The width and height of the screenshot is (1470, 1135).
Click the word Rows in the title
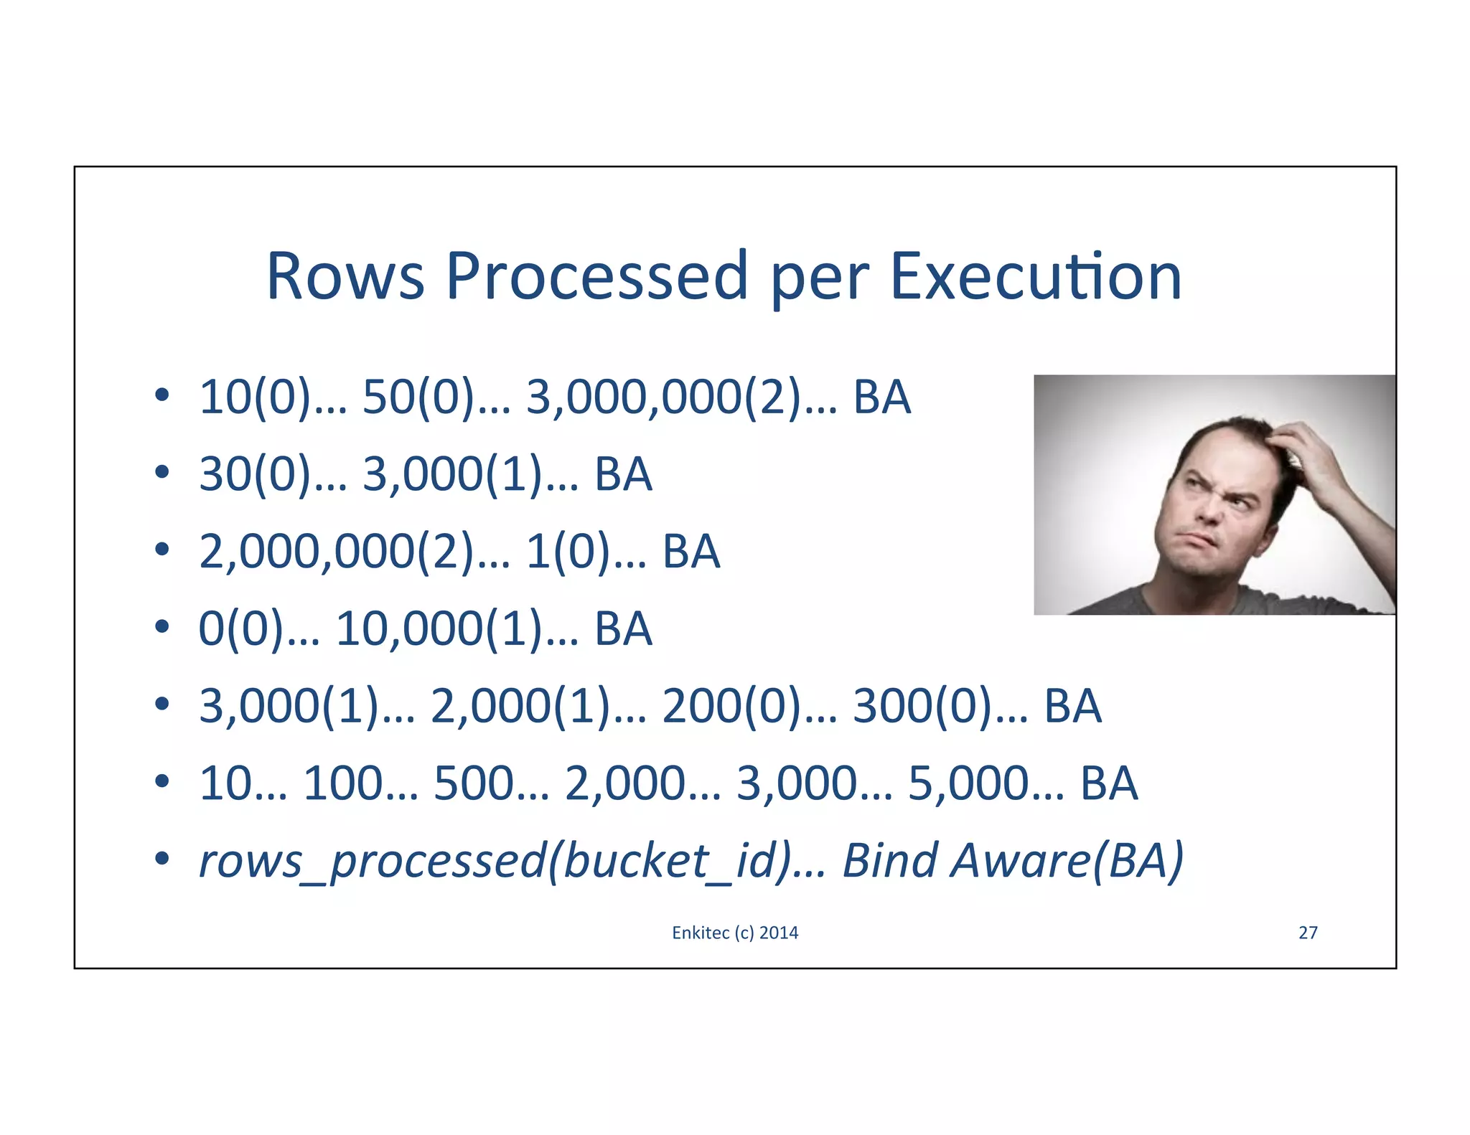point(345,277)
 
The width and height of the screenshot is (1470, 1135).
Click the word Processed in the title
point(598,277)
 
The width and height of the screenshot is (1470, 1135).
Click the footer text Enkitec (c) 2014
point(735,933)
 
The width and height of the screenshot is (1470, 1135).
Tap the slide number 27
point(1308,933)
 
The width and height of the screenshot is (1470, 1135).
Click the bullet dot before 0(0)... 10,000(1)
point(162,626)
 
